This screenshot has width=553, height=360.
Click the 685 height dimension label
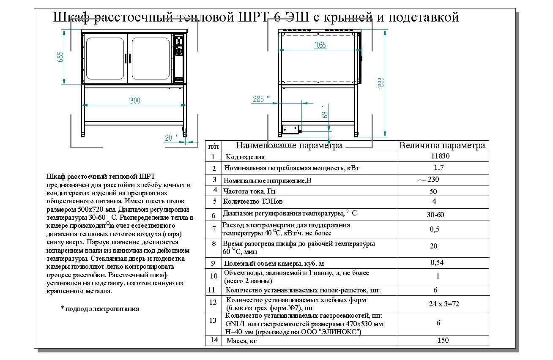pyautogui.click(x=60, y=57)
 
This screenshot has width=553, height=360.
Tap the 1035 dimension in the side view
pyautogui.click(x=320, y=46)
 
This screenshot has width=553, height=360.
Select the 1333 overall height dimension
pyautogui.click(x=381, y=83)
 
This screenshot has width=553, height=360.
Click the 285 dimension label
pyautogui.click(x=258, y=99)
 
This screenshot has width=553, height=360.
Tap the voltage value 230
pyautogui.click(x=433, y=179)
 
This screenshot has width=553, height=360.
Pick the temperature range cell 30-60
pyautogui.click(x=435, y=215)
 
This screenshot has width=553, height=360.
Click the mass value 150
pyautogui.click(x=443, y=340)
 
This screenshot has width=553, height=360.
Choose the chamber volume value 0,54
pyautogui.click(x=437, y=262)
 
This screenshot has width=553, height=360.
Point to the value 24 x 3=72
pyautogui.click(x=438, y=304)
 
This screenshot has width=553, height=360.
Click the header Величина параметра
pyautogui.click(x=442, y=146)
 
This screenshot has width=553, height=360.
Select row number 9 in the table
pyautogui.click(x=213, y=263)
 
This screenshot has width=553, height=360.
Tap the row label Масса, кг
pyautogui.click(x=242, y=341)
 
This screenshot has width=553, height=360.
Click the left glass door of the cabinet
pyautogui.click(x=106, y=59)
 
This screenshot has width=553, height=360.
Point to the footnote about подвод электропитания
pyautogui.click(x=100, y=309)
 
